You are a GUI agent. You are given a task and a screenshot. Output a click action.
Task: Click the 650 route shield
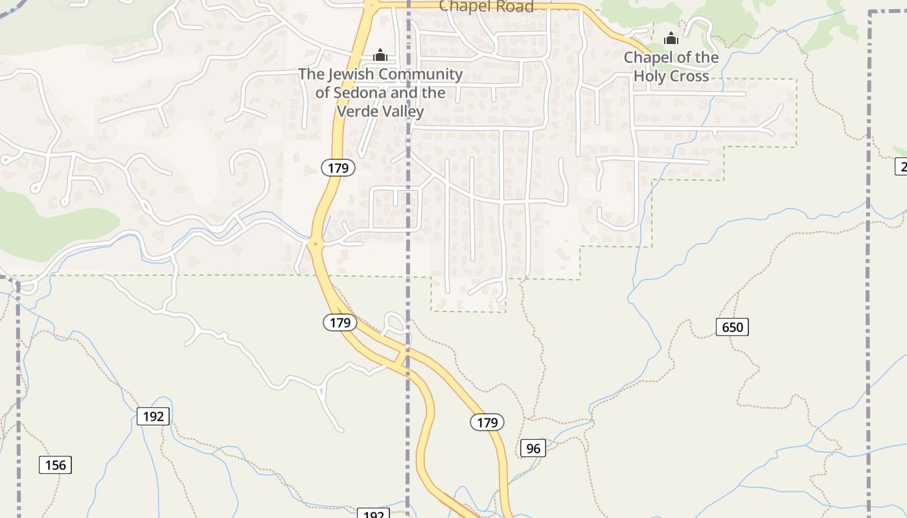tap(732, 327)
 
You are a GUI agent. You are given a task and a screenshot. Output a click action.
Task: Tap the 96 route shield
tap(533, 448)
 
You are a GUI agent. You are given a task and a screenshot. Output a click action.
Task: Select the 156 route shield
tap(56, 465)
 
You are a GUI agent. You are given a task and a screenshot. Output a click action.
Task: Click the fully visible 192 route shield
tap(153, 416)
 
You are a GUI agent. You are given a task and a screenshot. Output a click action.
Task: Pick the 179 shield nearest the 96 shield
tap(487, 423)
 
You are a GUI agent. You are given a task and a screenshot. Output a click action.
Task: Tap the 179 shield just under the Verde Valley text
tap(338, 168)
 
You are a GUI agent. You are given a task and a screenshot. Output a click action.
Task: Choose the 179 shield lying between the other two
tap(339, 322)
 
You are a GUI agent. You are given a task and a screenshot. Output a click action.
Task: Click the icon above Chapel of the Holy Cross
tap(671, 39)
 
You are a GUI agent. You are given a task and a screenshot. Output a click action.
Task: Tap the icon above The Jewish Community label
tap(380, 55)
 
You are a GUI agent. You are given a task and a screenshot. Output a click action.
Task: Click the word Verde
tap(359, 111)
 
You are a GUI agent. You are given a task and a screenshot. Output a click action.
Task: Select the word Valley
tap(404, 111)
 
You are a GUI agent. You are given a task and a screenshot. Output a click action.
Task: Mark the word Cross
tap(689, 76)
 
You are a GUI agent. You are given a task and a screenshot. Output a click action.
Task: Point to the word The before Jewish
tap(311, 74)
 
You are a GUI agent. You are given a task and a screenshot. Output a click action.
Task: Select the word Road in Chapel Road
tap(511, 6)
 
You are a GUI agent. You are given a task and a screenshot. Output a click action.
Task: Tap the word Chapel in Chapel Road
tap(462, 6)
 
